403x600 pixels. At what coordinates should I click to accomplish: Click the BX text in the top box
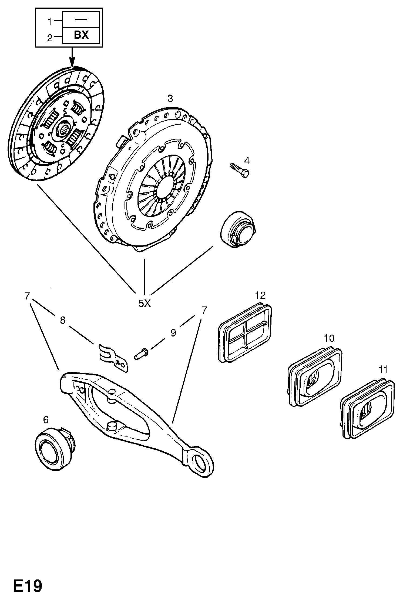[81, 35]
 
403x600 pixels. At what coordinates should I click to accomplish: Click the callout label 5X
[144, 304]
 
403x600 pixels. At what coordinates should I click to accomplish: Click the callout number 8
[63, 321]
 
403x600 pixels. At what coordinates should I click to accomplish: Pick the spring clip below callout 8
[113, 358]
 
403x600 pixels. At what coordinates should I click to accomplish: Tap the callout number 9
[173, 333]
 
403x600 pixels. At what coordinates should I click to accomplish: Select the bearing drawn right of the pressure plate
[238, 229]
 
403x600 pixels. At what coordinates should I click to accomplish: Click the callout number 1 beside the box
[49, 21]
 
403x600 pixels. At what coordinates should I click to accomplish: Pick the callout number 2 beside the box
[49, 38]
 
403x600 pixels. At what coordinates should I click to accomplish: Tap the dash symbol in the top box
[81, 19]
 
